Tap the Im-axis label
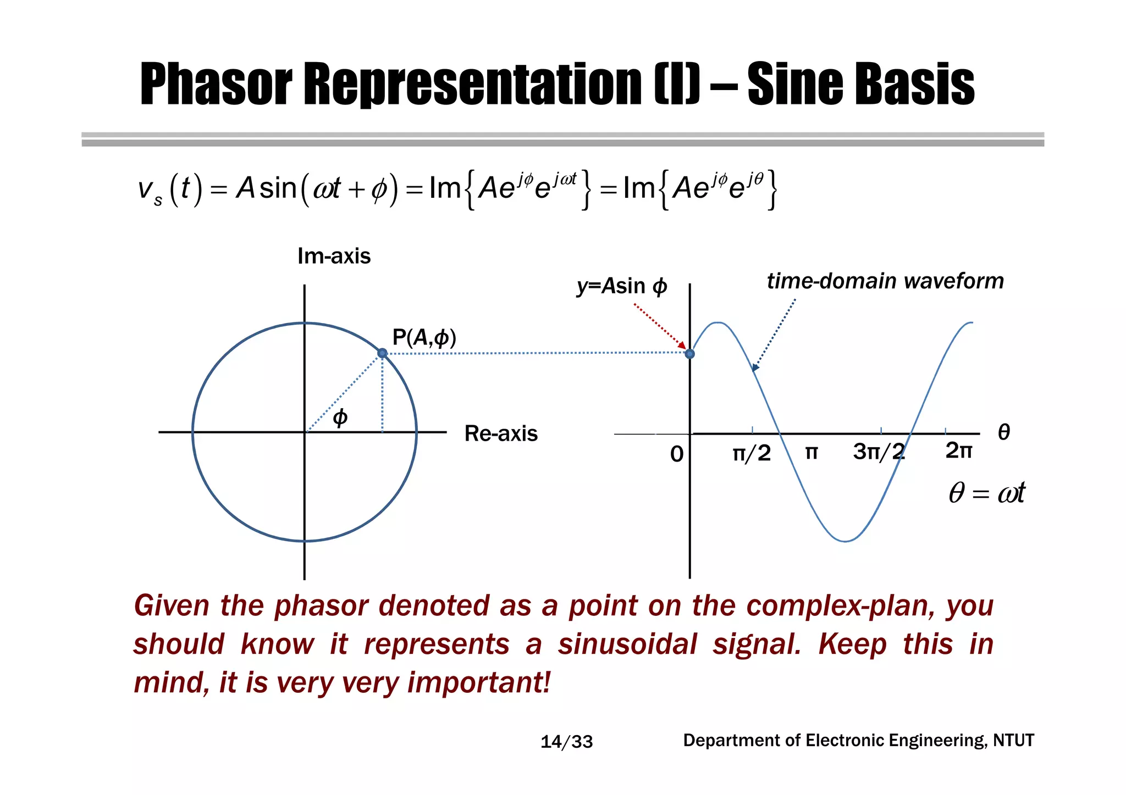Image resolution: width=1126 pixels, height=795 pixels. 334,256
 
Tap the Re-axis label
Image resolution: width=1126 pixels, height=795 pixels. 501,433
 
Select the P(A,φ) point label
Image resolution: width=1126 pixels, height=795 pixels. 424,337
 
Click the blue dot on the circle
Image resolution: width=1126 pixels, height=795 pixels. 382,353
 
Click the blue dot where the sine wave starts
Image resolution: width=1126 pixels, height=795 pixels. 689,353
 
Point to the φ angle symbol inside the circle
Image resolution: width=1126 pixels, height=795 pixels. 340,418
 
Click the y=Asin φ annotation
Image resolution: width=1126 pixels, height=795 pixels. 622,286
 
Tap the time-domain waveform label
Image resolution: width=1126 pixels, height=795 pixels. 885,281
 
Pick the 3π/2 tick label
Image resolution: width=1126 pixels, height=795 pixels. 879,452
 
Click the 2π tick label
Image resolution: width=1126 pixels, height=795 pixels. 958,451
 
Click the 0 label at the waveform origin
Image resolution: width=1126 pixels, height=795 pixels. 677,454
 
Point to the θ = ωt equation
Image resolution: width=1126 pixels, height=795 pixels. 986,492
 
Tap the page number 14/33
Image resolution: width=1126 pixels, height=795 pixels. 566,742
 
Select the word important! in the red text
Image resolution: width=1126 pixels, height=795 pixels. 478,682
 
